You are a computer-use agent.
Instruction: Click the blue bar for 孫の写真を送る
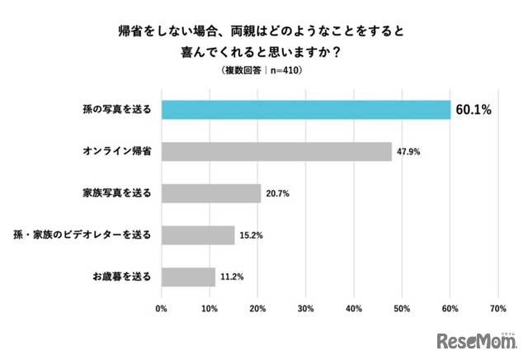(305, 110)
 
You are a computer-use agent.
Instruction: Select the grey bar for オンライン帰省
(276, 152)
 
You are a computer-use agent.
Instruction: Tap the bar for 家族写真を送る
(211, 193)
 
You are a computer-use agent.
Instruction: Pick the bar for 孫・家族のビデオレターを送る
(198, 235)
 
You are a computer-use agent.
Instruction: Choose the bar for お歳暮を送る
(188, 277)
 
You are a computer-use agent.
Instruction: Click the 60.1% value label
(473, 110)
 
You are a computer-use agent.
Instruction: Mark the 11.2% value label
(232, 277)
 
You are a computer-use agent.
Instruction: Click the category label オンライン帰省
(115, 152)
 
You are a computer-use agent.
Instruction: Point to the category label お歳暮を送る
(121, 277)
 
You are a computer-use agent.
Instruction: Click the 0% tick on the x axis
(162, 310)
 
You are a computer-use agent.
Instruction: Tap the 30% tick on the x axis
(305, 310)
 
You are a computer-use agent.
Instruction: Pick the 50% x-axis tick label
(402, 310)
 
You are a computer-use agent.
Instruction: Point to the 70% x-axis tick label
(497, 310)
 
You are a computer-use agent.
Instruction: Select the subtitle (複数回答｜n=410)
(263, 71)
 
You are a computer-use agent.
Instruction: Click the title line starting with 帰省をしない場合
(264, 33)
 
